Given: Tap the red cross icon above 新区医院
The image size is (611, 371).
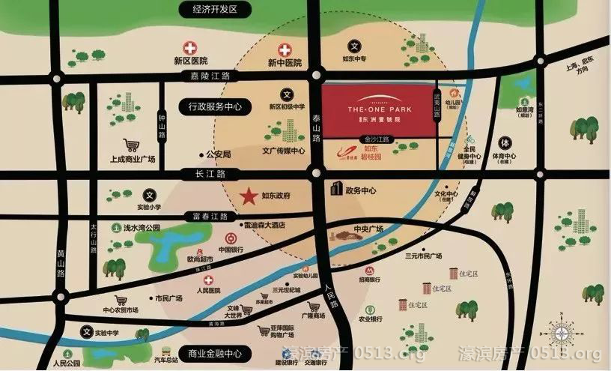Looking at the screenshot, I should [190, 49].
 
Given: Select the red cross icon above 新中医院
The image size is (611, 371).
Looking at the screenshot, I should [285, 51].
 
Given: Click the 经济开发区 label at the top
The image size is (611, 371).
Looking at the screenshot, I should [214, 10].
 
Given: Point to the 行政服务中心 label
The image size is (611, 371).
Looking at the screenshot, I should [211, 107].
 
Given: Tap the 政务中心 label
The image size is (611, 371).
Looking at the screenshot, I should [360, 190].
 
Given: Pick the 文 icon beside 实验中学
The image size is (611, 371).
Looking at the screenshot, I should [88, 331].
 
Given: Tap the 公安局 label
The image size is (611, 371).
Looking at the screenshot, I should [218, 154].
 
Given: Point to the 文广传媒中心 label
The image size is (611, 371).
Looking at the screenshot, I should [283, 151].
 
